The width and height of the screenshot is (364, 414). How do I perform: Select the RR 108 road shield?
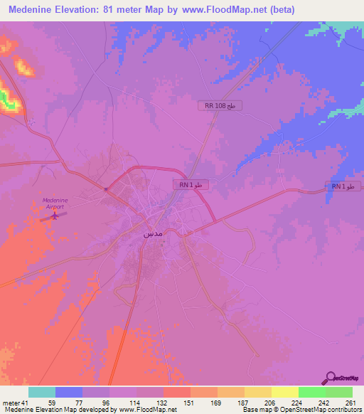point(220,105)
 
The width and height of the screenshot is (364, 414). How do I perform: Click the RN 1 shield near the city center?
point(193,184)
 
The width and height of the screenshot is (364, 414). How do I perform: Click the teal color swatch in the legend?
point(42,392)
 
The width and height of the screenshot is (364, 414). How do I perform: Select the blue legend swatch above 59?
point(69,392)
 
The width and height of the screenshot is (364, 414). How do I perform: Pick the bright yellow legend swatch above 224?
point(285,392)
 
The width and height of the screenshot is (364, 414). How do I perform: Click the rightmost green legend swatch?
point(339,392)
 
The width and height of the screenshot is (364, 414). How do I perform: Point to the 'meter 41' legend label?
point(16,402)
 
